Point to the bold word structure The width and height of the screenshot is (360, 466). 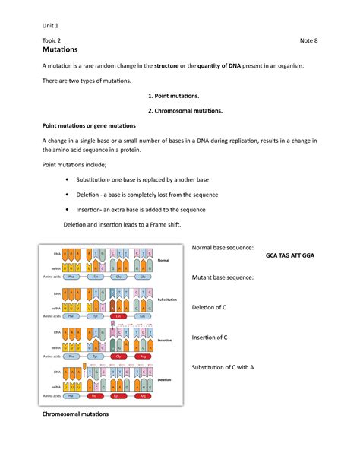pos(170,66)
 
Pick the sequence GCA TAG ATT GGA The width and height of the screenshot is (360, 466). pos(289,256)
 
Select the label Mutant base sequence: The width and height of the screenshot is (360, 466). pos(223,278)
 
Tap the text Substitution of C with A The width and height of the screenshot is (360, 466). pos(233,366)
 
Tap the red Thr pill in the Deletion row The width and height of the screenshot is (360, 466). pos(95,395)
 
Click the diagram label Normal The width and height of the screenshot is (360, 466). pos(163,260)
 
